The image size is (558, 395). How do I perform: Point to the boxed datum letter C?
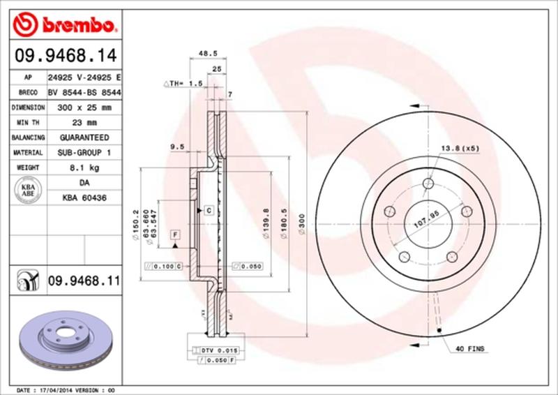tap(208, 210)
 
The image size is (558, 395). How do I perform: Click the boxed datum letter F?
tap(174, 233)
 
